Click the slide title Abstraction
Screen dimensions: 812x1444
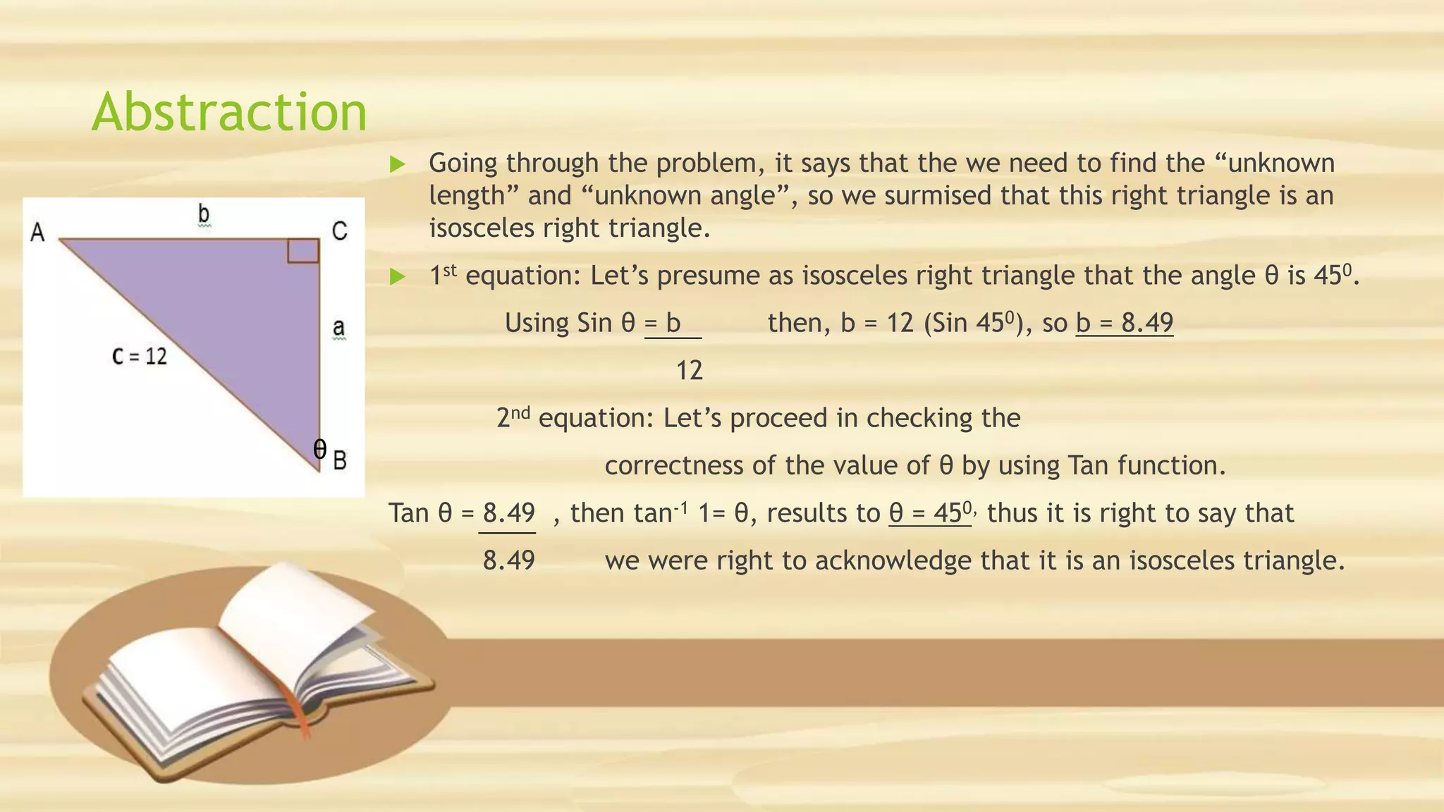click(229, 112)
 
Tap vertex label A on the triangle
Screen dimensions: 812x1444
click(37, 232)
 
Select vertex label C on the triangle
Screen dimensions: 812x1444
click(339, 230)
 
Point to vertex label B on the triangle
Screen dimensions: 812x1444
click(339, 460)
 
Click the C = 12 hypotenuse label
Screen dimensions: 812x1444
click(140, 356)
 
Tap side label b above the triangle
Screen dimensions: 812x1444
click(204, 214)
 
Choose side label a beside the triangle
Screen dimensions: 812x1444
click(338, 328)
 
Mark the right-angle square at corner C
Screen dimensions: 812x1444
click(303, 251)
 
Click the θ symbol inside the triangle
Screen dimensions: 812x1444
click(319, 449)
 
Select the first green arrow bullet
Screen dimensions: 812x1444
click(398, 164)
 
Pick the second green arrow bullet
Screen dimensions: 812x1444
click(398, 276)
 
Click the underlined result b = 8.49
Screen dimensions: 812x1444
click(1125, 323)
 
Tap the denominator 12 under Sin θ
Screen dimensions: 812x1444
click(689, 370)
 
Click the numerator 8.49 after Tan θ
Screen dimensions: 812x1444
click(508, 512)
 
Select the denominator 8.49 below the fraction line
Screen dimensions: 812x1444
click(508, 560)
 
